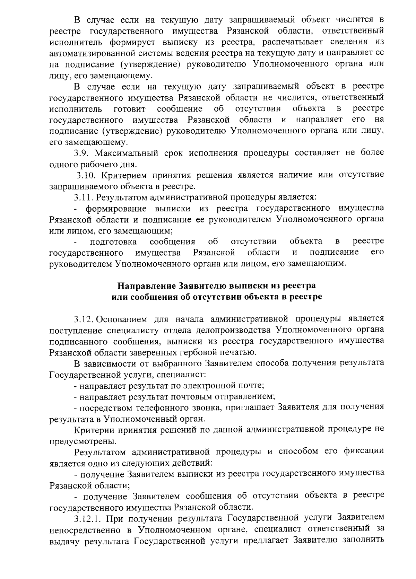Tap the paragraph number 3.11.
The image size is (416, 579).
tap(83, 198)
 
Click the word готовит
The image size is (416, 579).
tap(129, 109)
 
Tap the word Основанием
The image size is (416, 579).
tap(121, 318)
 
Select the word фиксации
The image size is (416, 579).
tap(364, 451)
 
